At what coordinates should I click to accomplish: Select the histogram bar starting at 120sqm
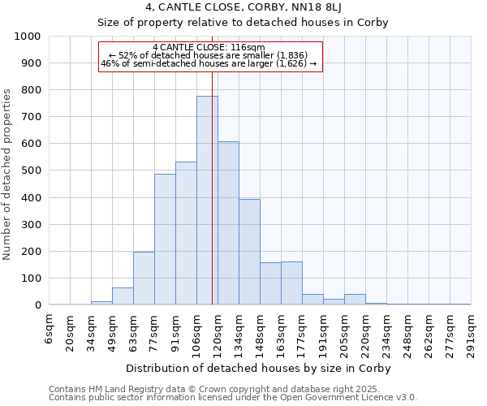[228, 223]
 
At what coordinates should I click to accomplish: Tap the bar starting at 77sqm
[165, 240]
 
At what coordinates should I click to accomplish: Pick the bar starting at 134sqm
[249, 252]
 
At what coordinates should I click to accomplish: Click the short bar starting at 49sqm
[123, 296]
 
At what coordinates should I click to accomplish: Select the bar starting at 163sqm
[291, 283]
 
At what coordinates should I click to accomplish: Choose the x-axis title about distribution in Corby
[260, 369]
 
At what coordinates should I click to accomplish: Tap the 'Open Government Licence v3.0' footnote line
[233, 398]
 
